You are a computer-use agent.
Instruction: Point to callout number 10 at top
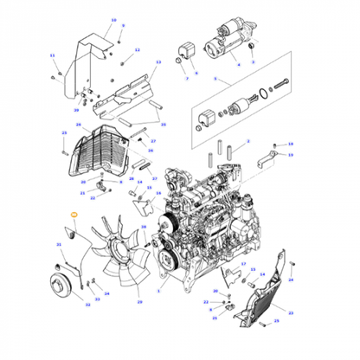point(113,18)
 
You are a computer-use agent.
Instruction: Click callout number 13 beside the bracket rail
point(157,63)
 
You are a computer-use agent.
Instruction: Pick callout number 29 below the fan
point(139,303)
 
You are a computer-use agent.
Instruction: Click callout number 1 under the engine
point(158,292)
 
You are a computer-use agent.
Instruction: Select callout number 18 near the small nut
point(291,143)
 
